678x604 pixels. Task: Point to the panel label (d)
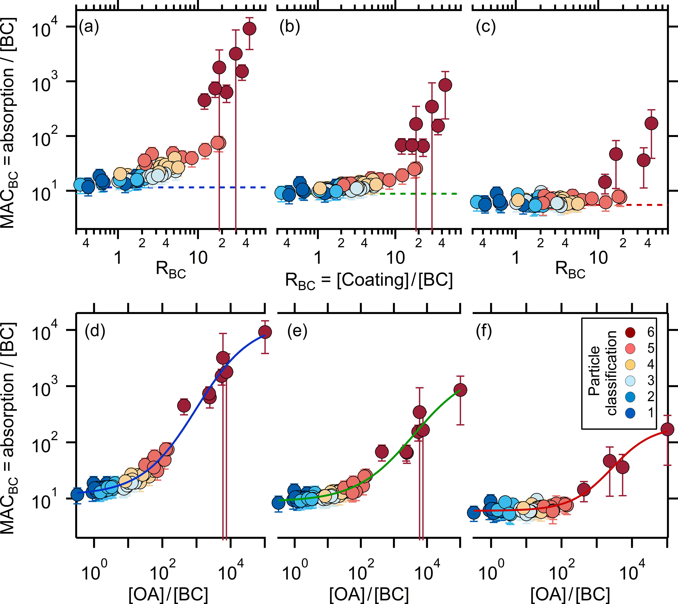95,331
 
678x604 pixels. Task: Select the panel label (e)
297,331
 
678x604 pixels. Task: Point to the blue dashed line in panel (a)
232,187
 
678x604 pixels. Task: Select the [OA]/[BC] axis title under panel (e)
369,595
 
